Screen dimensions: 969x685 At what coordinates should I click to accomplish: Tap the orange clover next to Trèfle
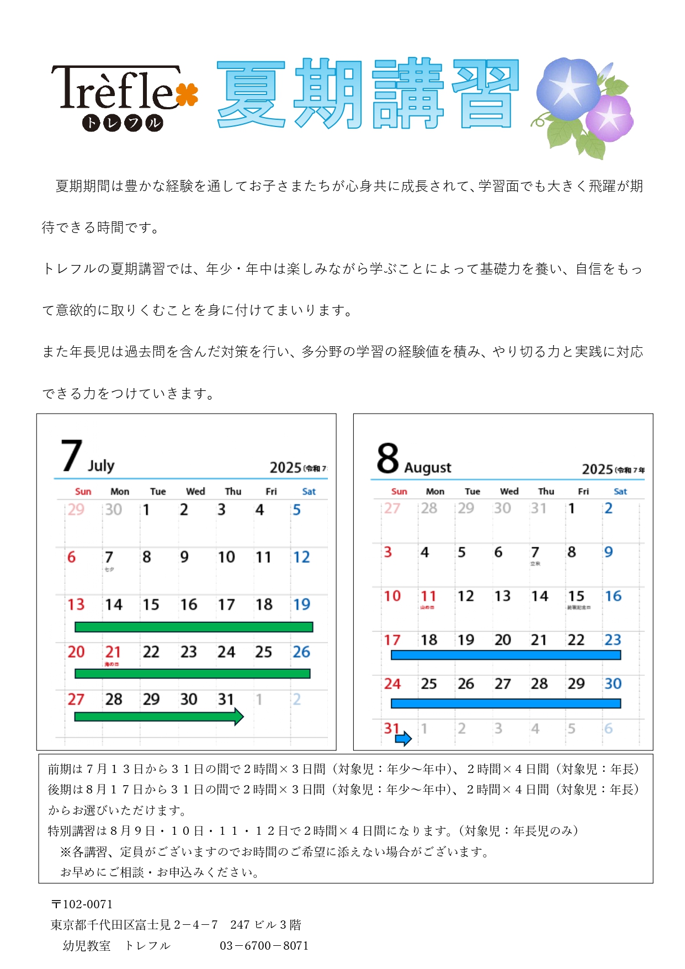coord(188,95)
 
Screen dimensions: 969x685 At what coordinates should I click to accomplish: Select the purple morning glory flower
coord(609,117)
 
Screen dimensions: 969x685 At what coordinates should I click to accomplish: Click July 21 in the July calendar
coord(113,652)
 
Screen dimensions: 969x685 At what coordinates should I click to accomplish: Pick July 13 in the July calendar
coord(76,605)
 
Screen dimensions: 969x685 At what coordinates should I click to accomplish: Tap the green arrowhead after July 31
coord(238,717)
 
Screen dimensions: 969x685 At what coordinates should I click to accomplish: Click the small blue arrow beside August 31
coord(403,738)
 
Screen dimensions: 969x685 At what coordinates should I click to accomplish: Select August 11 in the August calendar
coord(428,596)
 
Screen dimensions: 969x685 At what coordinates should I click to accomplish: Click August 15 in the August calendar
coord(576,596)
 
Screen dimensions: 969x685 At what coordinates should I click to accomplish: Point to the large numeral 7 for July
coord(72,456)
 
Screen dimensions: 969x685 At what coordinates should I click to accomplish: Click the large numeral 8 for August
coord(387,458)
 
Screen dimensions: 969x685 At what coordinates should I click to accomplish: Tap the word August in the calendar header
coord(428,468)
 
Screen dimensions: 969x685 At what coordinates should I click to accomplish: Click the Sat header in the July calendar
coord(309,491)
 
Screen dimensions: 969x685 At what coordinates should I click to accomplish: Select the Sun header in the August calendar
coord(399,491)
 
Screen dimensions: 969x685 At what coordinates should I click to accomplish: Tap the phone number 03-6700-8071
coord(264,946)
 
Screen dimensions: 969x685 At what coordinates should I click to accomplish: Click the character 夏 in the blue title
coord(252,94)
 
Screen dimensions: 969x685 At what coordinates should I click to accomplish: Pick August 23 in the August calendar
coord(613,640)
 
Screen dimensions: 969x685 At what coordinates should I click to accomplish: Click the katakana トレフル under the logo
coord(123,123)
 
